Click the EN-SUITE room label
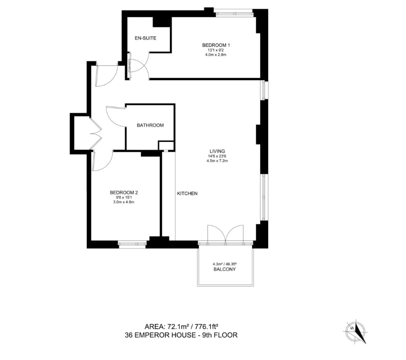[x=146, y=38]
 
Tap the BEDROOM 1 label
[x=216, y=45]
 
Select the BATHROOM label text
[x=150, y=125]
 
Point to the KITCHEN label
[x=187, y=193]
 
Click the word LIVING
[x=217, y=151]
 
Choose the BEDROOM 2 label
[x=124, y=192]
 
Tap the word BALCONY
[x=225, y=269]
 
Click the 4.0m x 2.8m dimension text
[x=216, y=55]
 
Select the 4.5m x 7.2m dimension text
[x=217, y=161]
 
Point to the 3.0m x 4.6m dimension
[x=124, y=202]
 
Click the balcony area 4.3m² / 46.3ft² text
[x=225, y=264]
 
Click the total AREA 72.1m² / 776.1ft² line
[x=182, y=326]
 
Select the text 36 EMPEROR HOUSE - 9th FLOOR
[x=181, y=335]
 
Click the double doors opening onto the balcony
[x=225, y=235]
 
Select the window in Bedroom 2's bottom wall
[x=132, y=244]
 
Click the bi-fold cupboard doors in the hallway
[x=96, y=134]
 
